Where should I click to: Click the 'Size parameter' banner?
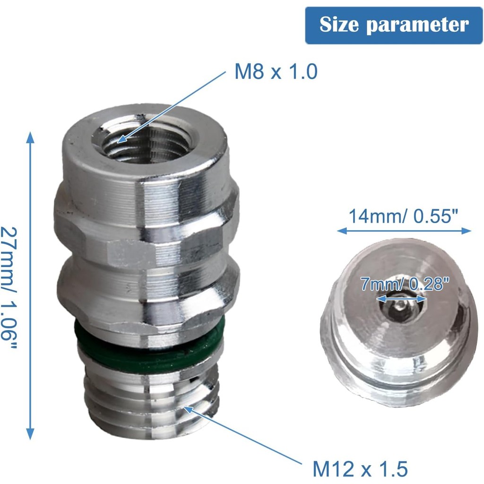[x=394, y=25]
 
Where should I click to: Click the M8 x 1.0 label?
[x=276, y=72]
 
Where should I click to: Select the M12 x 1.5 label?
[x=360, y=469]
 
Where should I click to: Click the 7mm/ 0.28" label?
[x=403, y=285]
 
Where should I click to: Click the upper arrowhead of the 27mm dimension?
[x=31, y=137]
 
